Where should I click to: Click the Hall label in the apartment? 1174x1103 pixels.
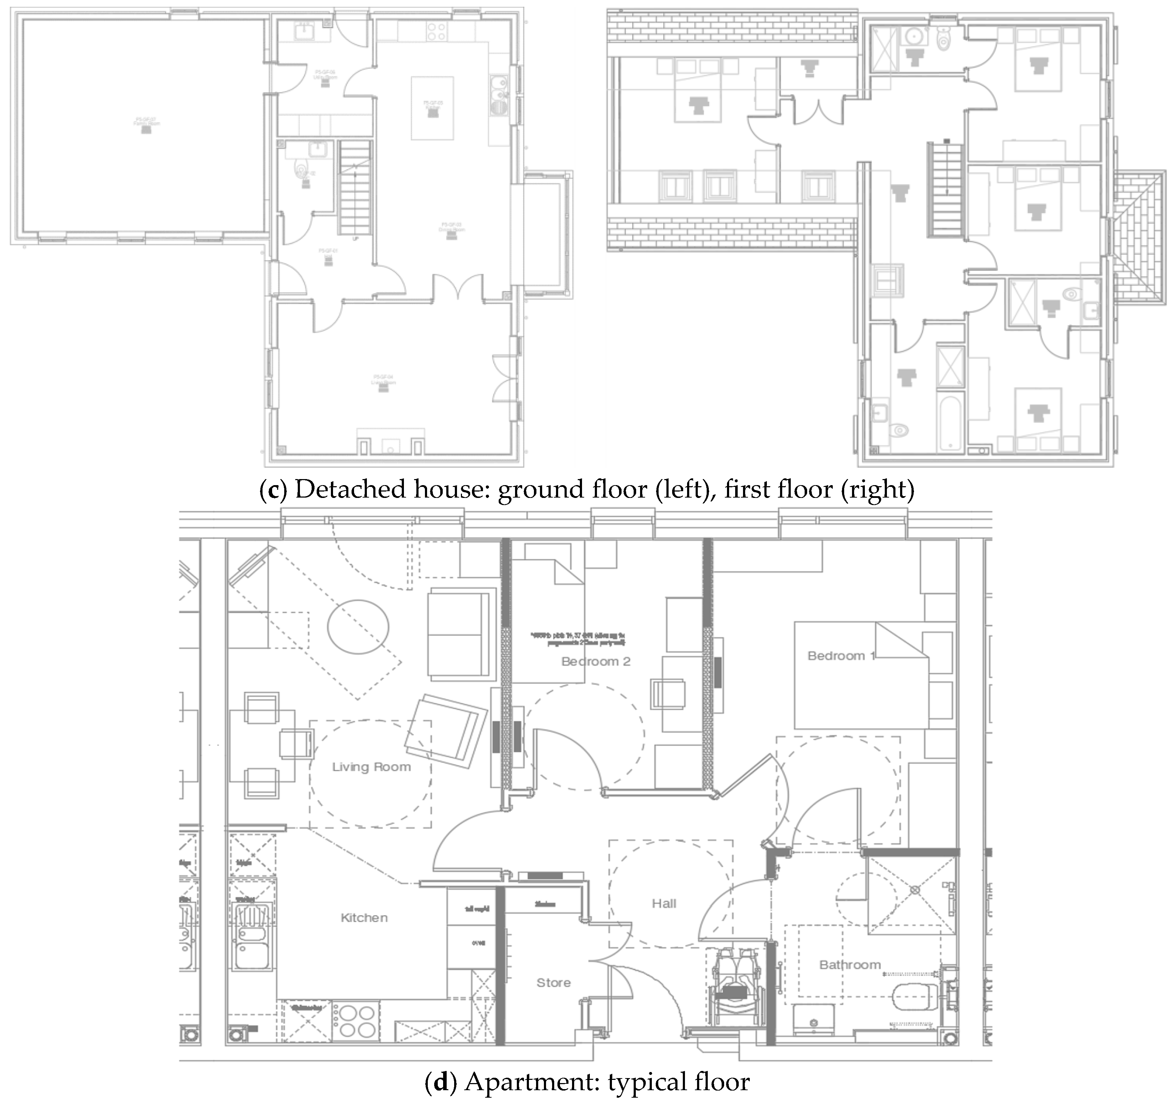point(664,903)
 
